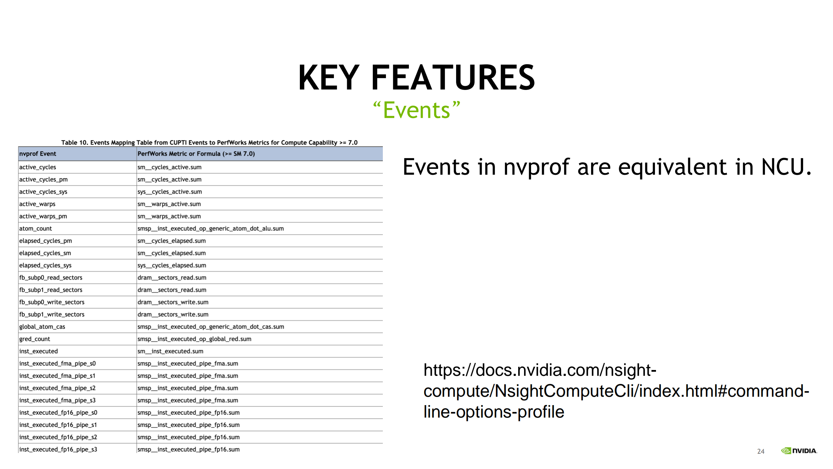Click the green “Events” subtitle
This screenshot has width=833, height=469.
click(x=416, y=110)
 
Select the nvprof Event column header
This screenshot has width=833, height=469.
click(x=37, y=154)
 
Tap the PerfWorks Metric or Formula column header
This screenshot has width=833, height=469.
click(x=196, y=154)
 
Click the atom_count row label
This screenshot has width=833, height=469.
click(x=35, y=229)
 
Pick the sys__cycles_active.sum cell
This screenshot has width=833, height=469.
click(x=169, y=192)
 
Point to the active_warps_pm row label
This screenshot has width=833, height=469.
click(x=43, y=216)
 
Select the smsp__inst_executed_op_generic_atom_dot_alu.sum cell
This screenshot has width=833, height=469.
click(x=211, y=229)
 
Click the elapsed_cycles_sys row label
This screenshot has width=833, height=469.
click(x=45, y=265)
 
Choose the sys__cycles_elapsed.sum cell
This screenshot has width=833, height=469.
click(x=172, y=265)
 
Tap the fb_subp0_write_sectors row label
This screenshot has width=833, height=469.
click(x=52, y=302)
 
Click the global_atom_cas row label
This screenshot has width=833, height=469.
click(x=42, y=327)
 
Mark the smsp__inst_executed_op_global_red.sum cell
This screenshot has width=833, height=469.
click(x=194, y=339)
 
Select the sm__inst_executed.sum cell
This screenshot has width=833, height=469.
click(x=170, y=351)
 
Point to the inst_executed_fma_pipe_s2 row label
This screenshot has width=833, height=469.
click(x=57, y=388)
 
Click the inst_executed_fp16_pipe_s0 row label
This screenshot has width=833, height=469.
click(x=58, y=413)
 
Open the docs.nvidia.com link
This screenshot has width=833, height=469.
click(x=616, y=391)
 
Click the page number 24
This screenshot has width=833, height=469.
click(x=761, y=451)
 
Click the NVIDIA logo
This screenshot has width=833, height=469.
click(x=799, y=451)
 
